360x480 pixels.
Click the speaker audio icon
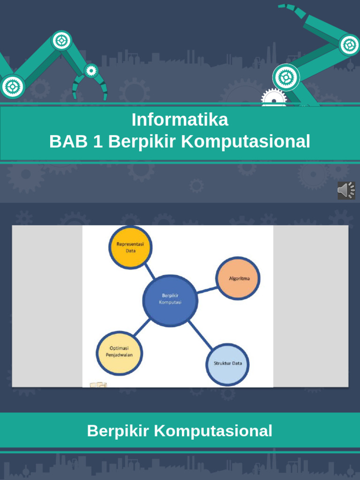(346, 191)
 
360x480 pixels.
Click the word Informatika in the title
(180, 120)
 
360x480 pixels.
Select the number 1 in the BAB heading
(98, 141)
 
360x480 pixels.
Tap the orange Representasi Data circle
(130, 247)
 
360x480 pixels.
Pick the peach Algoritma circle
(238, 278)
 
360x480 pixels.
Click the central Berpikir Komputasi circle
(170, 300)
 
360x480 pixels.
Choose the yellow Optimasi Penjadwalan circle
(119, 352)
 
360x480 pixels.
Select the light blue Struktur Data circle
(227, 364)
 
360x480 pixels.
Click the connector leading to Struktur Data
(200, 336)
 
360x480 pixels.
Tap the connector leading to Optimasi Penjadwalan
(142, 327)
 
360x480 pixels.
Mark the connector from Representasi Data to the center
(150, 271)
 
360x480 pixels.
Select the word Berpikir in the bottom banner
(118, 430)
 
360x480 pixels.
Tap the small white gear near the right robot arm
(273, 98)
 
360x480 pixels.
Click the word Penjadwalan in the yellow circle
(119, 355)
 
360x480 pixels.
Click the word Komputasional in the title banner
(246, 141)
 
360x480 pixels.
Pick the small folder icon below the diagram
(98, 385)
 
